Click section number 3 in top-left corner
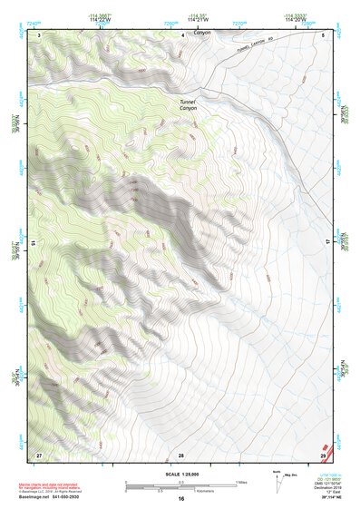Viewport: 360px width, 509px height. pyautogui.click(x=39, y=34)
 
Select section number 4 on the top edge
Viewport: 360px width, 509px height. pyautogui.click(x=183, y=34)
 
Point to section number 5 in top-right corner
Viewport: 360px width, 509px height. pyautogui.click(x=324, y=34)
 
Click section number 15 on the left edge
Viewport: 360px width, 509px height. pyautogui.click(x=34, y=243)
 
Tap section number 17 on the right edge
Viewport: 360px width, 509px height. pyautogui.click(x=328, y=243)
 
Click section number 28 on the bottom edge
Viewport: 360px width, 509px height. pyautogui.click(x=181, y=454)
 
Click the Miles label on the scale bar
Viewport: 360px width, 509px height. pyautogui.click(x=241, y=481)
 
